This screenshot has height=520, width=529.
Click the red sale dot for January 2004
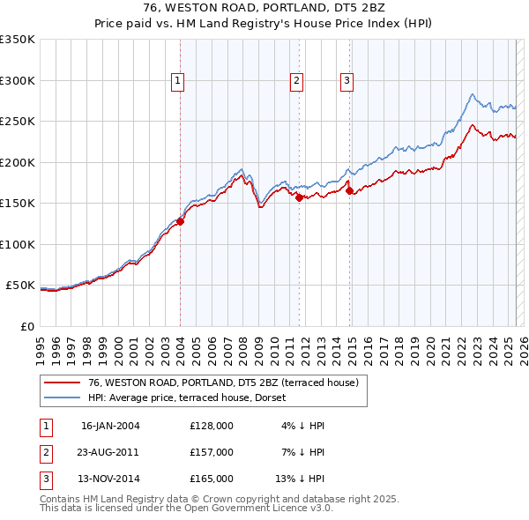(x=180, y=221)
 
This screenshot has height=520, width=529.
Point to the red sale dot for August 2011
(x=299, y=198)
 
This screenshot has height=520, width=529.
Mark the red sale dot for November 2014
(x=349, y=190)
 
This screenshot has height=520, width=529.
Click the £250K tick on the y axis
(x=18, y=122)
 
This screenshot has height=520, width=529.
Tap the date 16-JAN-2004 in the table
(x=110, y=426)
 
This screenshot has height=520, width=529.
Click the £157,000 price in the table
(x=212, y=452)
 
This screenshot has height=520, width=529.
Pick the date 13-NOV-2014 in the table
(x=110, y=479)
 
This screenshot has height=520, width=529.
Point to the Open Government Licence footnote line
(x=186, y=509)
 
